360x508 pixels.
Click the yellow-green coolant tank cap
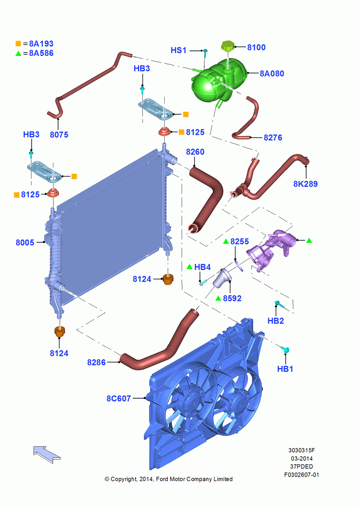[227, 46]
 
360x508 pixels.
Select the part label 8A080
[272, 74]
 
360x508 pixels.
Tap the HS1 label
[178, 50]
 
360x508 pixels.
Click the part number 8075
[59, 135]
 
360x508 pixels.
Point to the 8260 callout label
[195, 151]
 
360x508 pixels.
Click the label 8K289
[305, 184]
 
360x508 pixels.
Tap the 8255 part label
[239, 241]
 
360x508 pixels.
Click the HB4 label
[202, 267]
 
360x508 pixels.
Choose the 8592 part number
[232, 298]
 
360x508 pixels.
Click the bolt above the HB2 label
[279, 304]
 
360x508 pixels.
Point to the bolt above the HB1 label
[285, 350]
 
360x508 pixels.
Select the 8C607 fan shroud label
[118, 398]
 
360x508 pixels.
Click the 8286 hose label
[96, 362]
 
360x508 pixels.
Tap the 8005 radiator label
[25, 242]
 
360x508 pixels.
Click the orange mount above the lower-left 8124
[59, 332]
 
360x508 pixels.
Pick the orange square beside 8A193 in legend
[18, 43]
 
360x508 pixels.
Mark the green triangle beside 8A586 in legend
[18, 53]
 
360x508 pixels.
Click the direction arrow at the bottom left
[47, 453]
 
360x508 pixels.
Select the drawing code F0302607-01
[302, 474]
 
